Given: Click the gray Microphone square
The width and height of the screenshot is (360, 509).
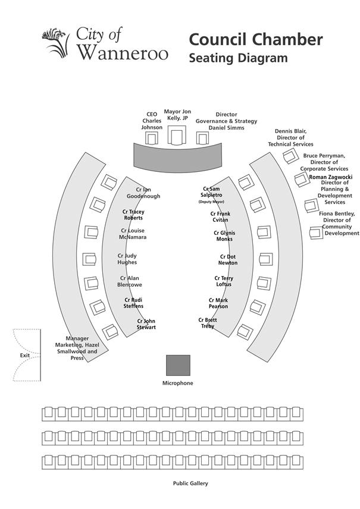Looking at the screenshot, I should point(178,365).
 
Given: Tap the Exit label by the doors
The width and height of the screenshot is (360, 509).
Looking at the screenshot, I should point(24,356).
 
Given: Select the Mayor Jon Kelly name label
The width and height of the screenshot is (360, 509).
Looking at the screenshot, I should point(177,115).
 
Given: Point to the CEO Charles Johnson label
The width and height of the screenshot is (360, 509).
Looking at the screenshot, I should point(152,121).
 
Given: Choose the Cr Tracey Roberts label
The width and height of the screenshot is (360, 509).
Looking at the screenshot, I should point(133,215).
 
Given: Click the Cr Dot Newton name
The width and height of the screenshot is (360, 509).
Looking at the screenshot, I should point(227,260).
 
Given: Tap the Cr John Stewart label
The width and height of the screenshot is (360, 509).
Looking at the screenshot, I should point(146,324).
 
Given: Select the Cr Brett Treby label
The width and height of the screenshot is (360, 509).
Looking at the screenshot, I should point(207,323).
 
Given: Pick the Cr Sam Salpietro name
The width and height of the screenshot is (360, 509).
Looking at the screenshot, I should point(211,191).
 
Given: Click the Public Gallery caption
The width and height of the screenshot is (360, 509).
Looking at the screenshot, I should point(190,484).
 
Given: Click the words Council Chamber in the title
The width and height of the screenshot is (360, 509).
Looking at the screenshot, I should point(256,40).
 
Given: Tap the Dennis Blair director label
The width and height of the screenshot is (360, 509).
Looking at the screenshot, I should point(290,137).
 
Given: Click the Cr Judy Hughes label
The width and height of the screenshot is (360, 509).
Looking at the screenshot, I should point(127,259).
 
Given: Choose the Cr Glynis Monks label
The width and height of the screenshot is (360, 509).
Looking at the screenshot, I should point(224,235).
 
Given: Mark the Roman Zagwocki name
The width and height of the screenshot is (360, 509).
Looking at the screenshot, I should point(331,177).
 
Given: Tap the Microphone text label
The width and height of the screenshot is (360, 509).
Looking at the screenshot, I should point(178,384).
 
